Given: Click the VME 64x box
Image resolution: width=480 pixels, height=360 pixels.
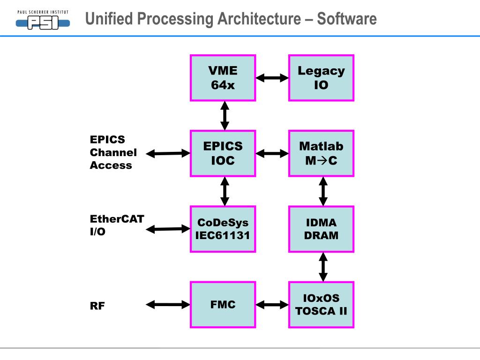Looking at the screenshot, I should pyautogui.click(x=223, y=78).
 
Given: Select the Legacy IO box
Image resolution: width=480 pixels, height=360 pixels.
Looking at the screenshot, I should pyautogui.click(x=321, y=78).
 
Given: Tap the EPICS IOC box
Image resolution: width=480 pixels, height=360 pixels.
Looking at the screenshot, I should pyautogui.click(x=223, y=153).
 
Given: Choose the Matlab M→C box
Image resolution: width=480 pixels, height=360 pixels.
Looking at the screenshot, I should pyautogui.click(x=321, y=153).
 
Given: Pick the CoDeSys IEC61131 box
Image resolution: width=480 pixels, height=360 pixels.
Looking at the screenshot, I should pyautogui.click(x=223, y=229).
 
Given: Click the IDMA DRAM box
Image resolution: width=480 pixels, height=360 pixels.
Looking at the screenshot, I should pyautogui.click(x=321, y=229).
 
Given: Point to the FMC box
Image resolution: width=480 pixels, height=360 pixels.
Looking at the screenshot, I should pyautogui.click(x=223, y=305).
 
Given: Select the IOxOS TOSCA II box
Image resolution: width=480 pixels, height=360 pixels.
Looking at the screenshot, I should pyautogui.click(x=321, y=305).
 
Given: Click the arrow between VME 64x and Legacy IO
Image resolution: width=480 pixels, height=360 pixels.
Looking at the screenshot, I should pyautogui.click(x=272, y=78).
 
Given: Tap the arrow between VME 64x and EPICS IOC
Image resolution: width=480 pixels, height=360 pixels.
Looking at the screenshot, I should pyautogui.click(x=225, y=115).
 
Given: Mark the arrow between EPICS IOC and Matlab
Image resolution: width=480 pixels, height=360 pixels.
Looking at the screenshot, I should pyautogui.click(x=272, y=153).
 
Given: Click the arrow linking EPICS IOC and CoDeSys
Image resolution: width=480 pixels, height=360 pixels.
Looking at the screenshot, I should pyautogui.click(x=225, y=191).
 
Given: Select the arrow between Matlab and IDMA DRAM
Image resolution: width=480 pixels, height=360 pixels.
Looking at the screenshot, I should pyautogui.click(x=323, y=191).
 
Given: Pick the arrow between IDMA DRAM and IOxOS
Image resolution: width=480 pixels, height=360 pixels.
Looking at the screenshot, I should pyautogui.click(x=323, y=267).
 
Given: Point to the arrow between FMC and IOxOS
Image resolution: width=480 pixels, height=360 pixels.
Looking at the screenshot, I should pyautogui.click(x=272, y=305).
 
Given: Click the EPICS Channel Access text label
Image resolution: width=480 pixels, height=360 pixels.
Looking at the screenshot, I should pyautogui.click(x=113, y=152).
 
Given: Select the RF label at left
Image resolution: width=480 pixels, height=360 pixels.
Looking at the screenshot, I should pyautogui.click(x=97, y=306).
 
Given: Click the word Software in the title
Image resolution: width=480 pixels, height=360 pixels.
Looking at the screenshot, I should pyautogui.click(x=346, y=19).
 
